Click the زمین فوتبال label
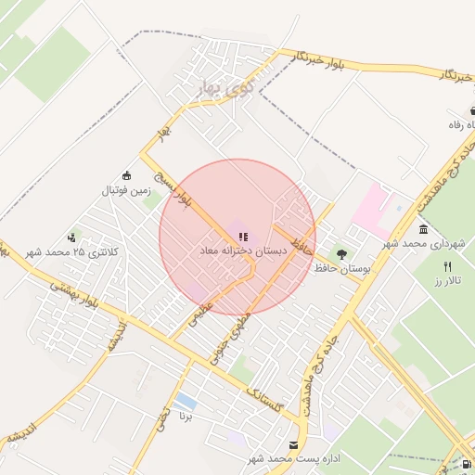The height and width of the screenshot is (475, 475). click(126, 191)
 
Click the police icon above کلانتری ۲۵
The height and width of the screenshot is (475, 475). click(71, 237)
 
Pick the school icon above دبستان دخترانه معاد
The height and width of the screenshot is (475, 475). click(243, 237)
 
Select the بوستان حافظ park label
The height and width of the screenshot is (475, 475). click(343, 267)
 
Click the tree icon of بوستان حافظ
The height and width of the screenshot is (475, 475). click(341, 253)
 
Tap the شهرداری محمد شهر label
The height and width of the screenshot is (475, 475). click(424, 243)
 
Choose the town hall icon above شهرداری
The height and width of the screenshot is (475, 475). click(423, 229)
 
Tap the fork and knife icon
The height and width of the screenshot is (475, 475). click(449, 266)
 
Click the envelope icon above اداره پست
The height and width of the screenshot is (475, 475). click(294, 445)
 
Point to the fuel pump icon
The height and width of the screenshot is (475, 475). click(466, 464)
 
